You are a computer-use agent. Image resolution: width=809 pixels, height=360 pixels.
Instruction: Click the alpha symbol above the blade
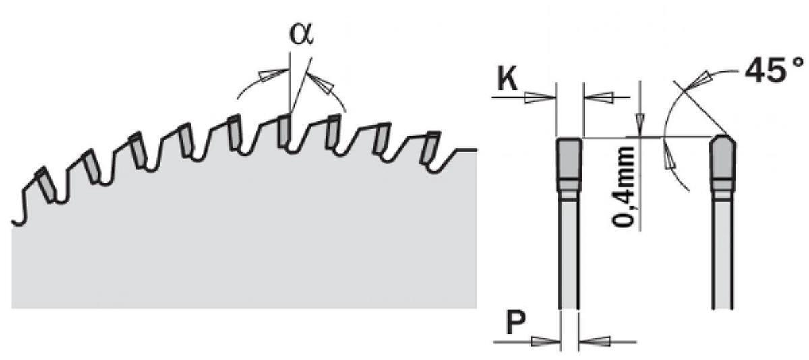point(301,35)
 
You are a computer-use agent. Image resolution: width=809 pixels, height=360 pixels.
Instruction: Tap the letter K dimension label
point(507,80)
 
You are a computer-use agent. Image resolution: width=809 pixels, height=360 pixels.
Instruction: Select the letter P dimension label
point(515,323)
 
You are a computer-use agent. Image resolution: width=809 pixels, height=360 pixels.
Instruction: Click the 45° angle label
point(774,70)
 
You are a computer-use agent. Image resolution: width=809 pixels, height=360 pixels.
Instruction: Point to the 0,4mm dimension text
point(624,187)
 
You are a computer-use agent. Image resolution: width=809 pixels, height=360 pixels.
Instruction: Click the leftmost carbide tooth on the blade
point(47,185)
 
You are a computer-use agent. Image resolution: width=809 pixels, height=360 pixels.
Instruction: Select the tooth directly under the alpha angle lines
point(284,130)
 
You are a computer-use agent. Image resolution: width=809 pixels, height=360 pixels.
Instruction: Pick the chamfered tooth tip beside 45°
point(723,163)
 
